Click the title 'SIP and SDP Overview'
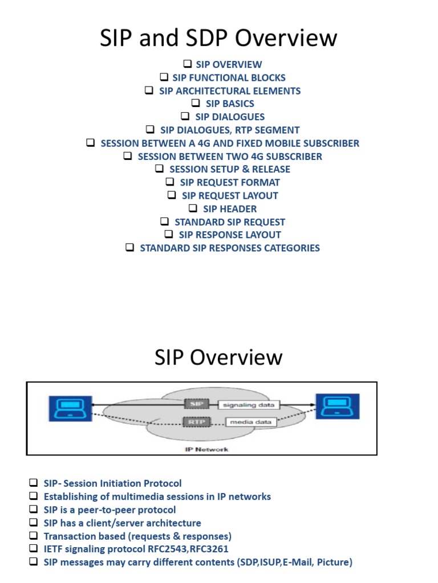[218, 38]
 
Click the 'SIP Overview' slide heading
[218, 358]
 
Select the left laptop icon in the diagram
[70, 407]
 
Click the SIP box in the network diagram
[194, 404]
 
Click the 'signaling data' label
[249, 405]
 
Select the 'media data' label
[251, 422]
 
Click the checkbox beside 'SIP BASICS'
[196, 103]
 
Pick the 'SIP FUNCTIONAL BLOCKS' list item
[229, 77]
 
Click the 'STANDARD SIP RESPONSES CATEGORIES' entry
[230, 248]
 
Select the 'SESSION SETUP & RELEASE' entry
[230, 169]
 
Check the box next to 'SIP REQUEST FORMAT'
[170, 182]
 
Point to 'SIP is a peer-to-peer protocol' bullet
[109, 510]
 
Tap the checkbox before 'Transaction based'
[34, 536]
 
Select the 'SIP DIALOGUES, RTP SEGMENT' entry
[229, 130]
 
